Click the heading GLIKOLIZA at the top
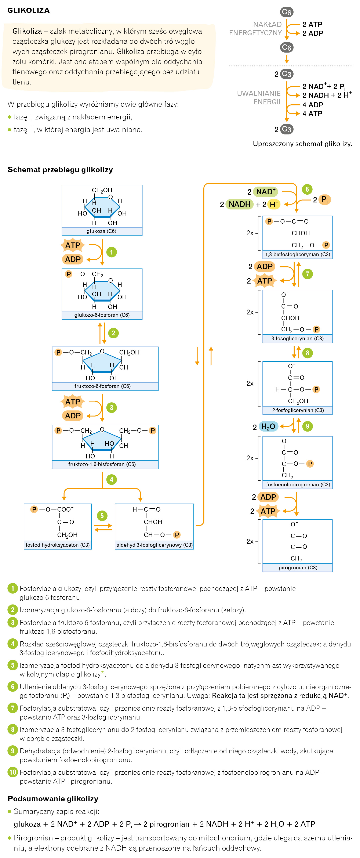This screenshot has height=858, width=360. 29,10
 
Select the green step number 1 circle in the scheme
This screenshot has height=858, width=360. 112,252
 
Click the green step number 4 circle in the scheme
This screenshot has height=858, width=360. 112,480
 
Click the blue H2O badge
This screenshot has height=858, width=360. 268,426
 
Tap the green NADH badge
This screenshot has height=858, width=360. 239,204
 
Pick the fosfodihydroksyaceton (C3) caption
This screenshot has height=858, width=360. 58,545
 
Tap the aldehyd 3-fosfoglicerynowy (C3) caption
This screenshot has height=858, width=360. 154,545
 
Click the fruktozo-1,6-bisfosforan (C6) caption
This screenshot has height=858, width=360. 102,464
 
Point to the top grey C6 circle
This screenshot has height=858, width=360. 286,12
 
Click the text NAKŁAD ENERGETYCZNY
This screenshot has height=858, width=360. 255,29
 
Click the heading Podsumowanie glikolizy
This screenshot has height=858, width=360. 53,799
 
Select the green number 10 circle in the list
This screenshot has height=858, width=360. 13,772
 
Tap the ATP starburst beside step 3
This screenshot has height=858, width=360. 73,402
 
